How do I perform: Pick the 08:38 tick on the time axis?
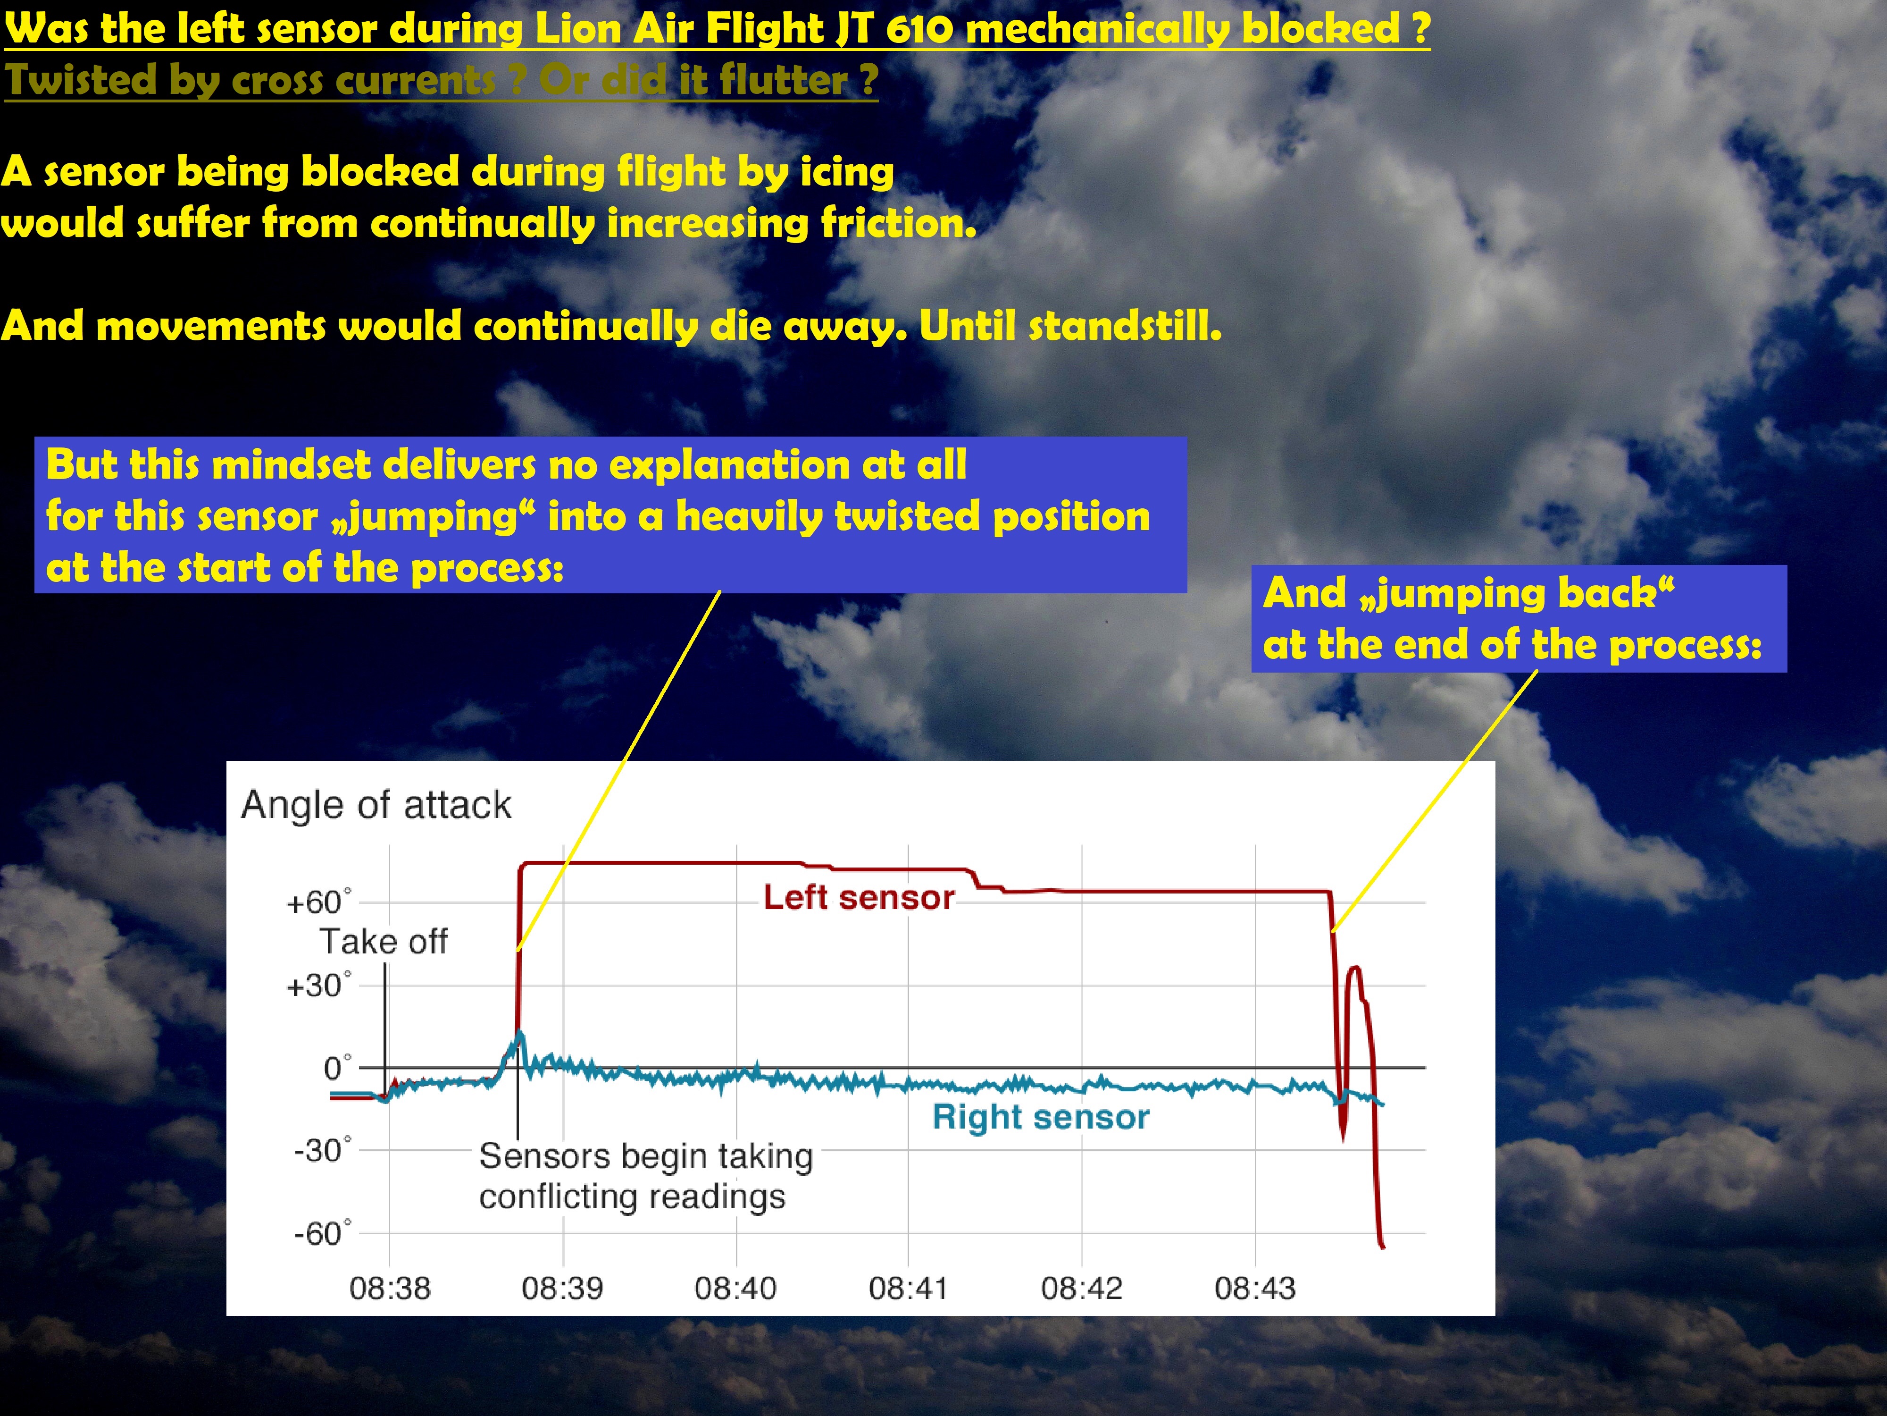point(390,1288)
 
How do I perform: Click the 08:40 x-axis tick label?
point(735,1288)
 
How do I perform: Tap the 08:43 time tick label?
point(1255,1288)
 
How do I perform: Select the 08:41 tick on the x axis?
point(909,1288)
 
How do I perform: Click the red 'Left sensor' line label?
point(858,898)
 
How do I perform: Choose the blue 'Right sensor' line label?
point(1041,1117)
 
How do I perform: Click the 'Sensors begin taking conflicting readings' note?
point(646,1176)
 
